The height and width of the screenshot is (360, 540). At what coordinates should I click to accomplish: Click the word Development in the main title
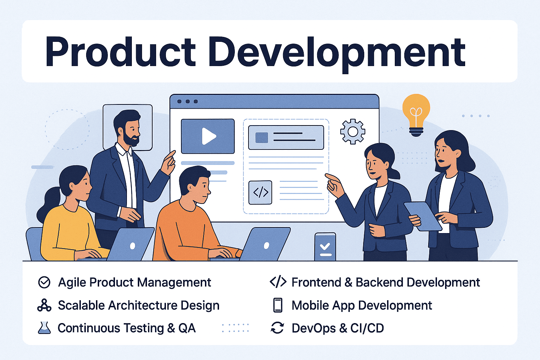point(337,53)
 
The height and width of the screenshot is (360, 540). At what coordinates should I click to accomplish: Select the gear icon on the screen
point(353,131)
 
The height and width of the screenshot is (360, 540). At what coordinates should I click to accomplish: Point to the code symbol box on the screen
point(260,192)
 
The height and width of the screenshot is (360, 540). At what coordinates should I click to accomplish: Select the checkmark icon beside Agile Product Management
point(44,282)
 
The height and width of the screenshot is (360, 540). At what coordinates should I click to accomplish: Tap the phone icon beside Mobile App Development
point(278,305)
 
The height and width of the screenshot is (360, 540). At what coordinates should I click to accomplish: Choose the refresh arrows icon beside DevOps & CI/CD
point(277,328)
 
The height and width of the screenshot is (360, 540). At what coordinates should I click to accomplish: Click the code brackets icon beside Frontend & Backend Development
point(278,282)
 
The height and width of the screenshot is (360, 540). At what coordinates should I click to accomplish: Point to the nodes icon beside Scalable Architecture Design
point(44,305)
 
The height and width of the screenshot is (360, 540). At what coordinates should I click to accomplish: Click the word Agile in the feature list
point(72,283)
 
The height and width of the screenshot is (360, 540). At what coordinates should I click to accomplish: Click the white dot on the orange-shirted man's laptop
point(266,245)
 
